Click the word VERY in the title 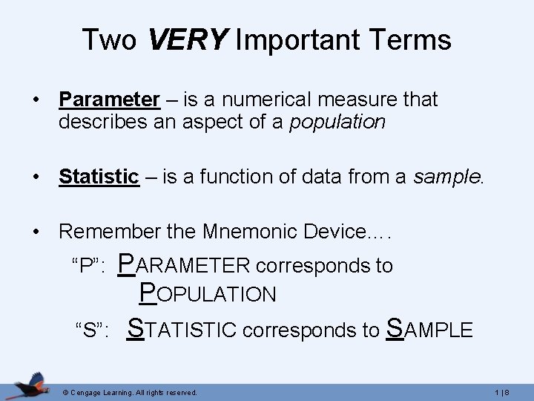coord(188,39)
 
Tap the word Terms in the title coord(414,39)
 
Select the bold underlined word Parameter coord(109,100)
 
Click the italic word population coord(337,122)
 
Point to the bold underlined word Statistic coord(99,177)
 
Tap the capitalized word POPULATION coord(208,295)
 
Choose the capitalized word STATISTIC coord(183,329)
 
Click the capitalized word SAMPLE coord(429,329)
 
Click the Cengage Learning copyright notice coord(130,391)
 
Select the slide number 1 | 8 coord(510,391)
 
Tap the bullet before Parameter coord(36,100)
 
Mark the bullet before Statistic coord(36,177)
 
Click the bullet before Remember coord(36,232)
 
